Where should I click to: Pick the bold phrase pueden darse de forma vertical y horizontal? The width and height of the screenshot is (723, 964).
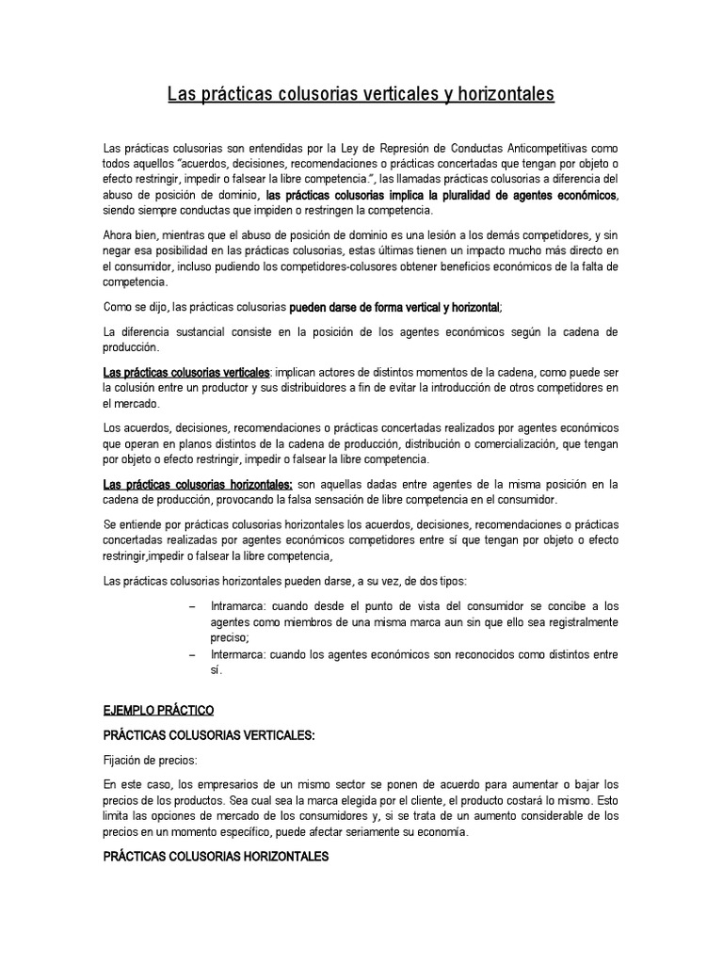tap(394, 307)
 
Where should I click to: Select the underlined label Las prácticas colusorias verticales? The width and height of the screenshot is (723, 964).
tap(186, 373)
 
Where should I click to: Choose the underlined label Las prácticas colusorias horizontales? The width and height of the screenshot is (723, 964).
tap(191, 485)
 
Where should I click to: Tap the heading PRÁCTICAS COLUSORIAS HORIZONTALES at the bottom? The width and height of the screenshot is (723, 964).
tap(216, 856)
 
